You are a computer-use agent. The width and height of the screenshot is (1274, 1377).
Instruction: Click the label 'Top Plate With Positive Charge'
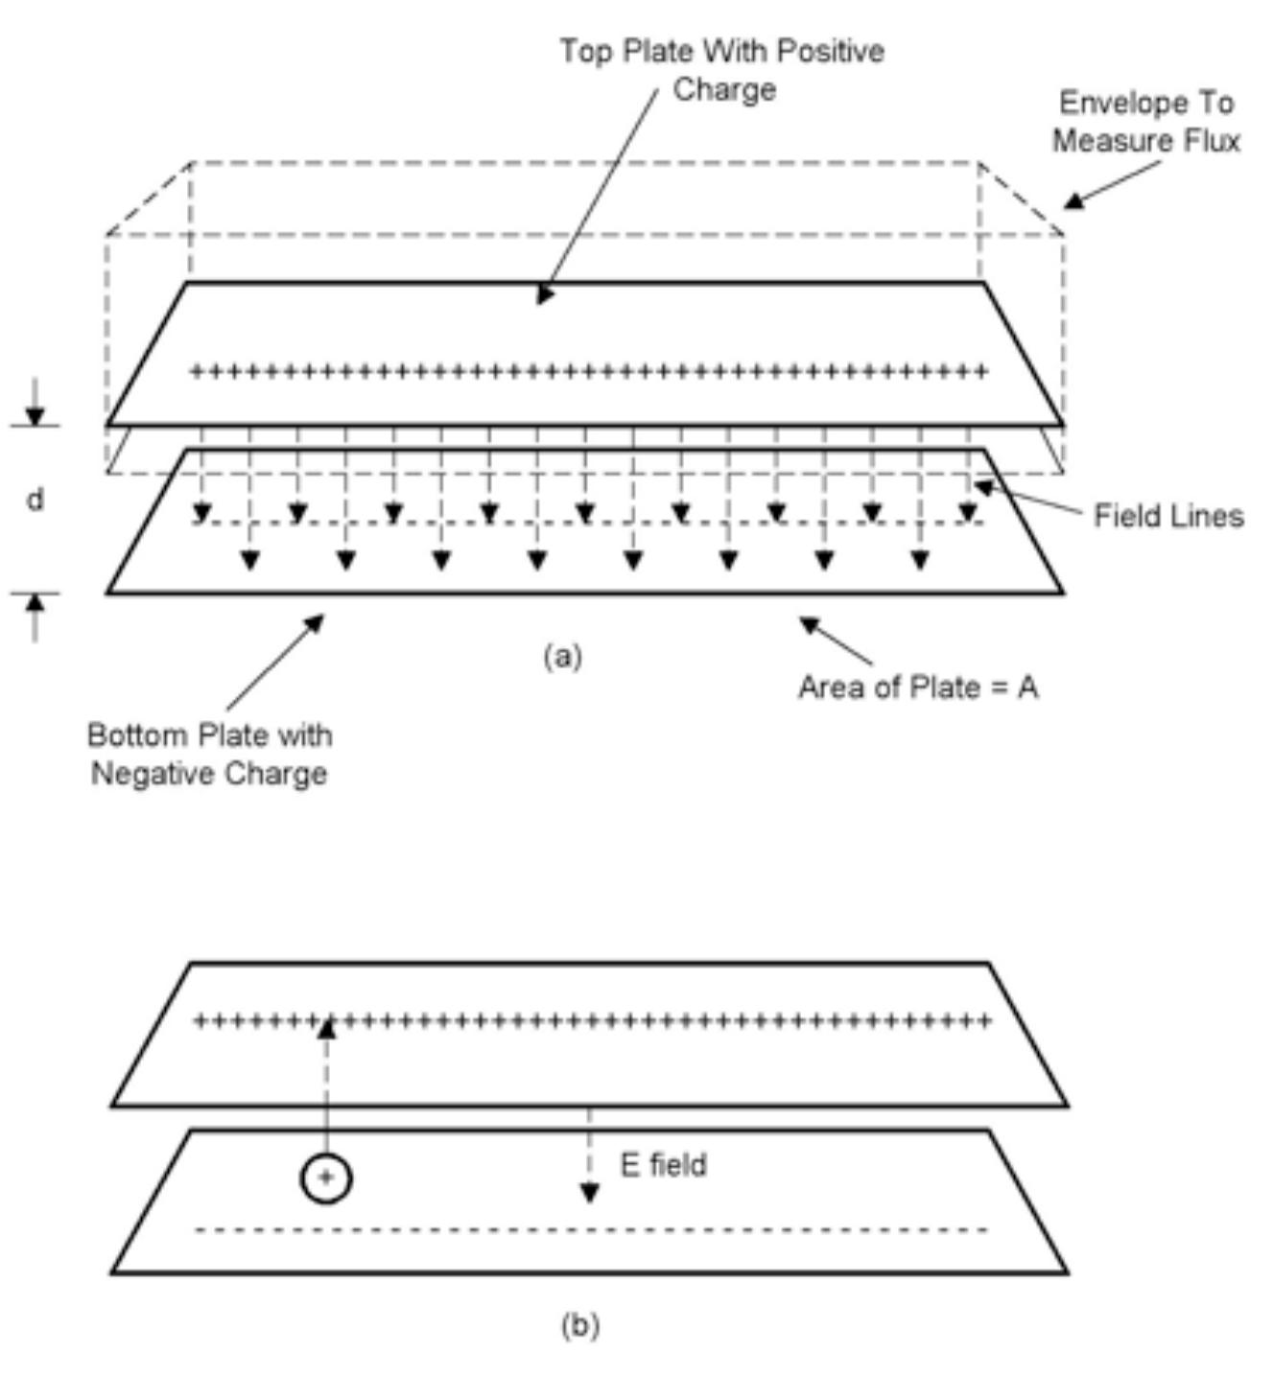[722, 70]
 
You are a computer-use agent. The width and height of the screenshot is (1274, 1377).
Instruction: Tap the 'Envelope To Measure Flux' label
[1145, 122]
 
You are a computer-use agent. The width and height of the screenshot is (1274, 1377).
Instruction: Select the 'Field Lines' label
[1168, 516]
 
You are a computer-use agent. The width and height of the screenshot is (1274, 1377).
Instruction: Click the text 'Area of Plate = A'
[918, 688]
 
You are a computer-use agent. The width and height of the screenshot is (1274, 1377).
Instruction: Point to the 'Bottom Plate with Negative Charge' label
[209, 755]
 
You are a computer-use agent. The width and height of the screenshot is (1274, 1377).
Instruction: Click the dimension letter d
[35, 500]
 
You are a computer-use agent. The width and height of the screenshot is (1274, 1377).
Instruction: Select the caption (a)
[563, 656]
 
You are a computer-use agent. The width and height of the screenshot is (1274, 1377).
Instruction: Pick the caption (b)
[579, 1325]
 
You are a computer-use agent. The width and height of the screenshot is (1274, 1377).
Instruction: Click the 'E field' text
[663, 1165]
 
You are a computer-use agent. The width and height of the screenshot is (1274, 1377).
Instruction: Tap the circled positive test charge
[326, 1179]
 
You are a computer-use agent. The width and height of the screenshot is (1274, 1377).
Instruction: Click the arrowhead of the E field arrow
[589, 1194]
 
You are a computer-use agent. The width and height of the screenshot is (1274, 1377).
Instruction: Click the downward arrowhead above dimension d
[35, 416]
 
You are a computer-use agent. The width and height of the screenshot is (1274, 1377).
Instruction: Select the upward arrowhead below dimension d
[35, 603]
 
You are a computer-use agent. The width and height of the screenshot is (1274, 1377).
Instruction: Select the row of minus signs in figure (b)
[590, 1230]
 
